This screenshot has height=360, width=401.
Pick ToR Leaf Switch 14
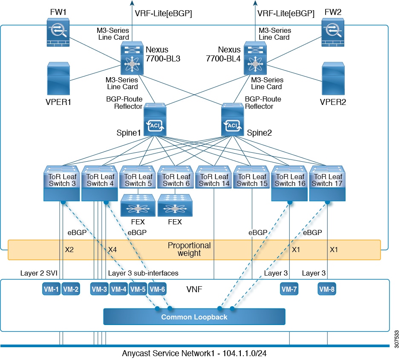(213, 179)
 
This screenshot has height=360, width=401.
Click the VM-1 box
(52, 289)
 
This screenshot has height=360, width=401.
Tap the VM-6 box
(157, 289)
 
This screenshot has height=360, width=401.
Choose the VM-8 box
(327, 289)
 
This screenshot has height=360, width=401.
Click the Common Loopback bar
(194, 317)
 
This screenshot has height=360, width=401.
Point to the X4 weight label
(113, 250)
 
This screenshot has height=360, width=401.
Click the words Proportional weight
(189, 250)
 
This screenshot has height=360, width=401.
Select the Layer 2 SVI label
(39, 273)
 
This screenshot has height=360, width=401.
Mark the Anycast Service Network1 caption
(194, 353)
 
